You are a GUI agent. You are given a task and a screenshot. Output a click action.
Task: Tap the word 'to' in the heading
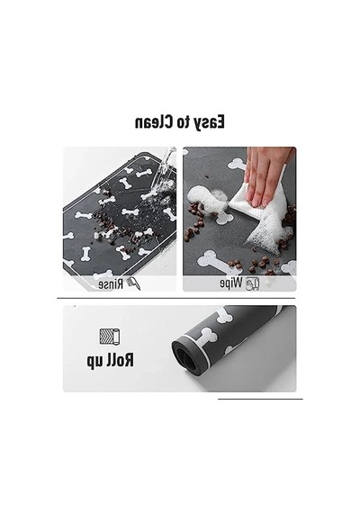tap(182, 122)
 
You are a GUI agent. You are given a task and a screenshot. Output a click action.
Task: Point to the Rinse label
tap(111, 284)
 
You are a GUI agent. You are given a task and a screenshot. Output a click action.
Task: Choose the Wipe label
tap(231, 283)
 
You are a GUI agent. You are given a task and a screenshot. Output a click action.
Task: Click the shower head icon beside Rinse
tap(133, 283)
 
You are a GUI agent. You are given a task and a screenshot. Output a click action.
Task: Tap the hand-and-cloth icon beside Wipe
tap(253, 283)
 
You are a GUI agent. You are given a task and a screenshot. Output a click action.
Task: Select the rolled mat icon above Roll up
tap(110, 337)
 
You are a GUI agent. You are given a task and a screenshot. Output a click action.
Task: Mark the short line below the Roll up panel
tap(260, 399)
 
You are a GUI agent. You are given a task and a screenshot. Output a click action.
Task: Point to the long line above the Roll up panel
tap(176, 298)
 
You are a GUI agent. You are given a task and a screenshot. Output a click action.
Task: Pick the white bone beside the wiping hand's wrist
tap(238, 164)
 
